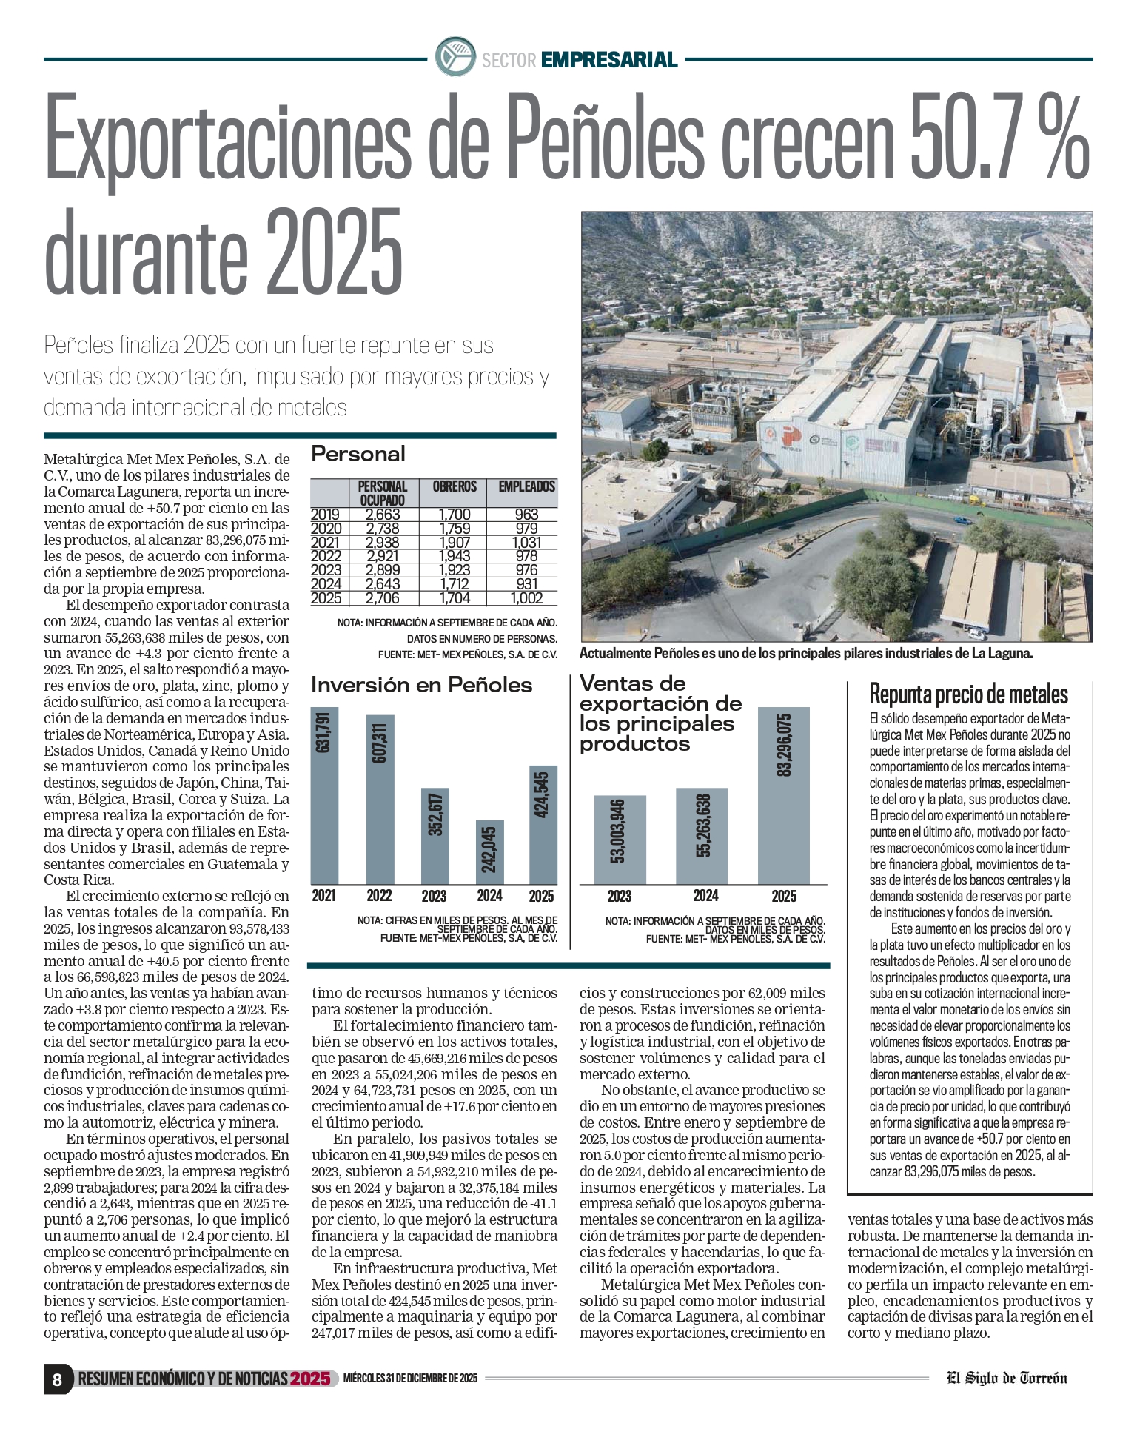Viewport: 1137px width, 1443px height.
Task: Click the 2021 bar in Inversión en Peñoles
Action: (x=324, y=796)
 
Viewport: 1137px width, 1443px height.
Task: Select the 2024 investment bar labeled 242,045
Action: (x=489, y=851)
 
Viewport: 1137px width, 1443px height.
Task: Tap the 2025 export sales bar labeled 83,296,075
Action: (x=784, y=796)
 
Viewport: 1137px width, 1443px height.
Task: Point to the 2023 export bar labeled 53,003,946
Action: (x=620, y=840)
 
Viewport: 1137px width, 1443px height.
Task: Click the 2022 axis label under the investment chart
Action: (x=379, y=896)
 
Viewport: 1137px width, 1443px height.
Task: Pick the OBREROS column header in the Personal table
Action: (x=455, y=486)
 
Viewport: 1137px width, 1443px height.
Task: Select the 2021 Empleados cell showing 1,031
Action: (x=527, y=542)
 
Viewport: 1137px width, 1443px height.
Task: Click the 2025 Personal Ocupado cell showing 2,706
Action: (x=383, y=598)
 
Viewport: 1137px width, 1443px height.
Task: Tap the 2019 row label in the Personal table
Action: (x=326, y=515)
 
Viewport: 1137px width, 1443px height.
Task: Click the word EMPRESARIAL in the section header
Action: (x=609, y=60)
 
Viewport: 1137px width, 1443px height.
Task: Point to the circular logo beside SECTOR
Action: (x=455, y=56)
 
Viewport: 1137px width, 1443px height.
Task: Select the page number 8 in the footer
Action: (x=57, y=1379)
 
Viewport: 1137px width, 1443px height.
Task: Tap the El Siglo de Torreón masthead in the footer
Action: (x=1007, y=1378)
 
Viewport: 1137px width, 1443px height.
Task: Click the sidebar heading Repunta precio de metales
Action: (x=968, y=694)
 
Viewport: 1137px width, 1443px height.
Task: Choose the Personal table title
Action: (x=358, y=454)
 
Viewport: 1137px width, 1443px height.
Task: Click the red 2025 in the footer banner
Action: (x=310, y=1379)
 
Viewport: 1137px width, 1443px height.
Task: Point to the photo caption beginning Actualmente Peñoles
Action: (x=805, y=653)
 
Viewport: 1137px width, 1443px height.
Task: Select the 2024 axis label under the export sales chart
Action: (x=705, y=896)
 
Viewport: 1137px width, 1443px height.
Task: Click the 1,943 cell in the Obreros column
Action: (x=455, y=556)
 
